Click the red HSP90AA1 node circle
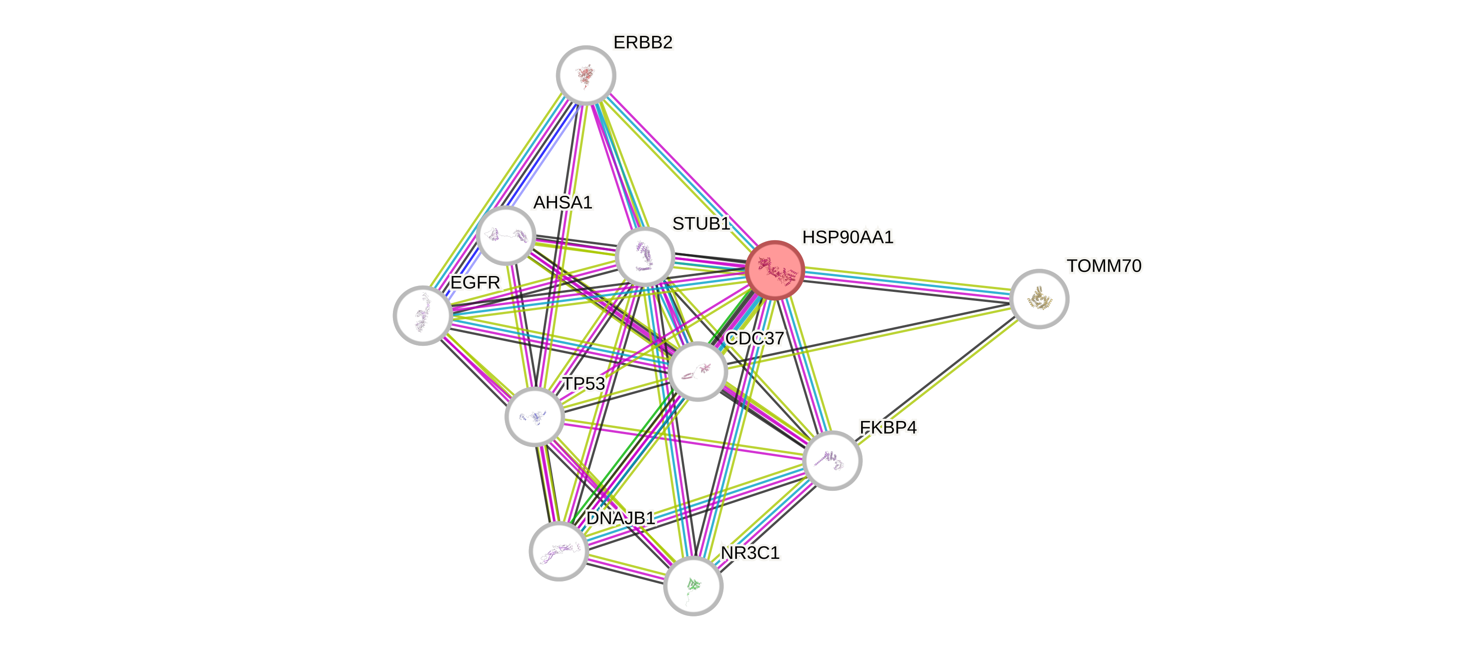pyautogui.click(x=775, y=270)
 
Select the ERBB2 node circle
pyautogui.click(x=586, y=75)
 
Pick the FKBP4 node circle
pyautogui.click(x=832, y=460)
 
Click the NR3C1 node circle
pyautogui.click(x=693, y=586)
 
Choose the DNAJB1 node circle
pyautogui.click(x=559, y=551)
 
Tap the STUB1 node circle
pyautogui.click(x=645, y=256)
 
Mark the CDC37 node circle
pyautogui.click(x=698, y=372)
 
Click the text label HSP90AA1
pyautogui.click(x=848, y=237)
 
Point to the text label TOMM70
pyautogui.click(x=1104, y=266)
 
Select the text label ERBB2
pyautogui.click(x=643, y=42)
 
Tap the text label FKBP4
pyautogui.click(x=888, y=428)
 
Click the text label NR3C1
pyautogui.click(x=750, y=553)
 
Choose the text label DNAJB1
pyautogui.click(x=620, y=518)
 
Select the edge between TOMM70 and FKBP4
pyautogui.click(x=938, y=377)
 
